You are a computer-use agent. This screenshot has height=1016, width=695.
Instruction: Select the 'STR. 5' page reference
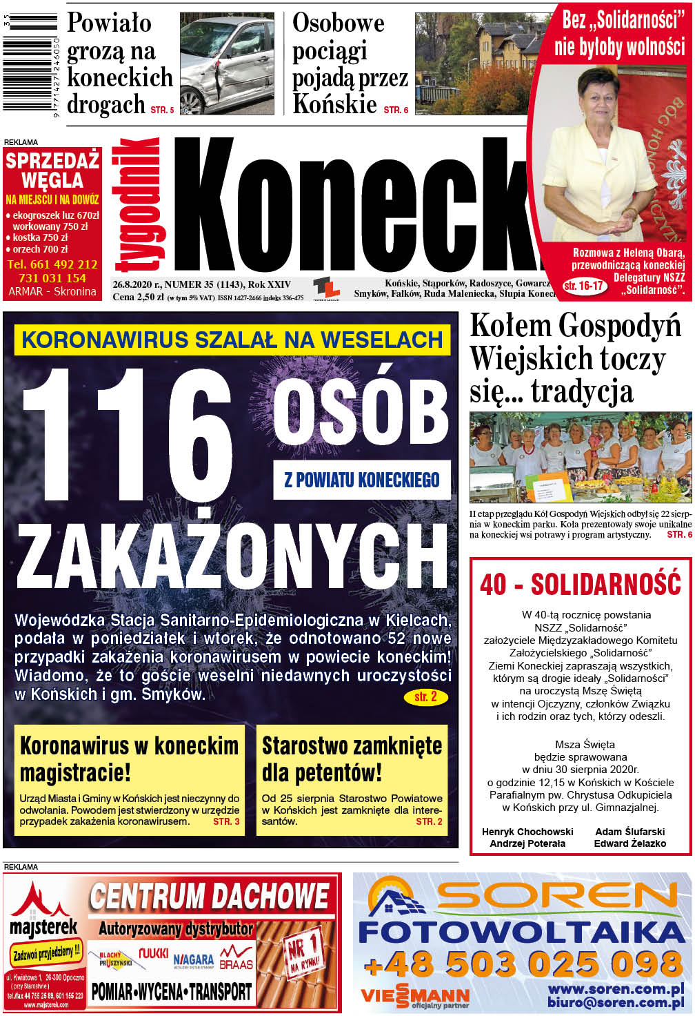tap(163, 110)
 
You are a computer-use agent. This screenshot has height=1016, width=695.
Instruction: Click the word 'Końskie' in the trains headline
tap(335, 104)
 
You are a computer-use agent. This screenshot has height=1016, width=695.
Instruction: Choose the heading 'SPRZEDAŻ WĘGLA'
tap(52, 170)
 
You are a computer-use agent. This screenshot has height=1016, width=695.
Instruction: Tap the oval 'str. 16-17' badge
tap(583, 285)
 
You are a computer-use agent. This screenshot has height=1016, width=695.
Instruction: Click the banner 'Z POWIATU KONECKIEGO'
tap(362, 480)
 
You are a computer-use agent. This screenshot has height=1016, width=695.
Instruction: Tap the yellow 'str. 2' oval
tap(425, 697)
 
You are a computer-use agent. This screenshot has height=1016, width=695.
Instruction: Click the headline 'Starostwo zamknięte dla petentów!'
tap(352, 759)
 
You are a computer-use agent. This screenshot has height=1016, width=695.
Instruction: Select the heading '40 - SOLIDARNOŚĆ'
tap(581, 584)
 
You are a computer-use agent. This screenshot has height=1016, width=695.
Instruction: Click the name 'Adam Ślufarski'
tap(629, 832)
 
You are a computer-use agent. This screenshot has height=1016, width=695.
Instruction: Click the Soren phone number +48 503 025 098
tap(523, 964)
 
